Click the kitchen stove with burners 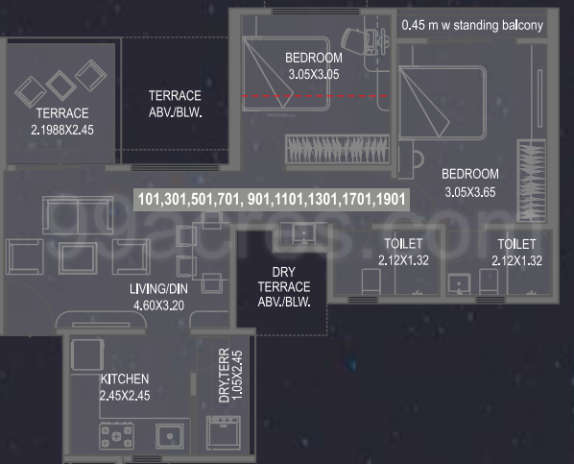click(x=116, y=436)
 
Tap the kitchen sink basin click(x=170, y=436)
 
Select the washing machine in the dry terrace click(x=224, y=433)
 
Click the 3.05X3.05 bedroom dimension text click(x=314, y=75)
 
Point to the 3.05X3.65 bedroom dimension click(x=470, y=192)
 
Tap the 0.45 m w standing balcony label click(x=472, y=25)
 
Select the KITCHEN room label click(x=125, y=379)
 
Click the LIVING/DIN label click(x=158, y=289)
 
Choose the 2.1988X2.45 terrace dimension click(x=62, y=130)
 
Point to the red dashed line click(x=315, y=96)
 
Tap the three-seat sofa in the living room click(x=78, y=215)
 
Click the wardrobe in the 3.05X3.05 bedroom click(x=337, y=149)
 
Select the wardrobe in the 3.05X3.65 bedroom click(x=532, y=181)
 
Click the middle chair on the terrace click(x=60, y=85)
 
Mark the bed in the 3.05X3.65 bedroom click(x=442, y=103)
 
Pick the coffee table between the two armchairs click(x=78, y=258)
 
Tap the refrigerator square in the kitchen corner click(x=87, y=354)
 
